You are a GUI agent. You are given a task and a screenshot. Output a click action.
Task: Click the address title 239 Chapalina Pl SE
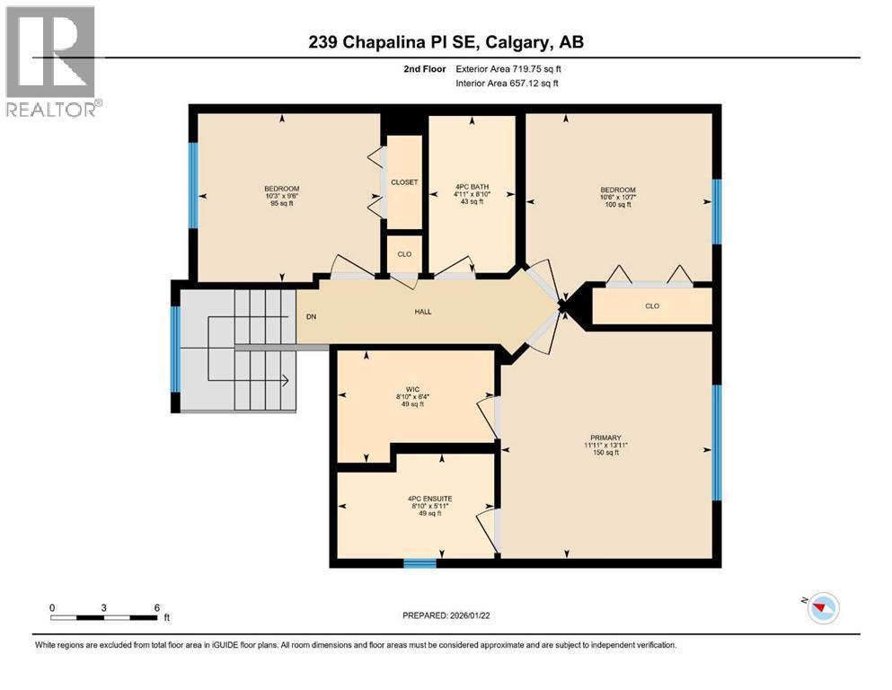446,42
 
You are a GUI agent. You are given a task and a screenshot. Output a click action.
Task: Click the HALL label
423,312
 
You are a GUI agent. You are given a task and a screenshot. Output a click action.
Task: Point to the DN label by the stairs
311,316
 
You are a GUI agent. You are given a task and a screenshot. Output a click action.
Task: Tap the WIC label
413,389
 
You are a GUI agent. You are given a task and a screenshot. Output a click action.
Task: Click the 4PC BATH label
471,190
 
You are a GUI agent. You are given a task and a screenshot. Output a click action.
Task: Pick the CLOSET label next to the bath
404,181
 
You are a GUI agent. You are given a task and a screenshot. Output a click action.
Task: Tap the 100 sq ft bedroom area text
618,205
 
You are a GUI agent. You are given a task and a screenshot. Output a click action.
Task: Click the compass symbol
821,608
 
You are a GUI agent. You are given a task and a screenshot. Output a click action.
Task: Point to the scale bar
104,616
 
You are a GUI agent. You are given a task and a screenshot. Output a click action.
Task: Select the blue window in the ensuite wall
420,563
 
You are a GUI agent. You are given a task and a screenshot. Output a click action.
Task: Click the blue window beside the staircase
176,349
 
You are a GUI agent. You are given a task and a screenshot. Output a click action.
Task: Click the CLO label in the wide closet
652,306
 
